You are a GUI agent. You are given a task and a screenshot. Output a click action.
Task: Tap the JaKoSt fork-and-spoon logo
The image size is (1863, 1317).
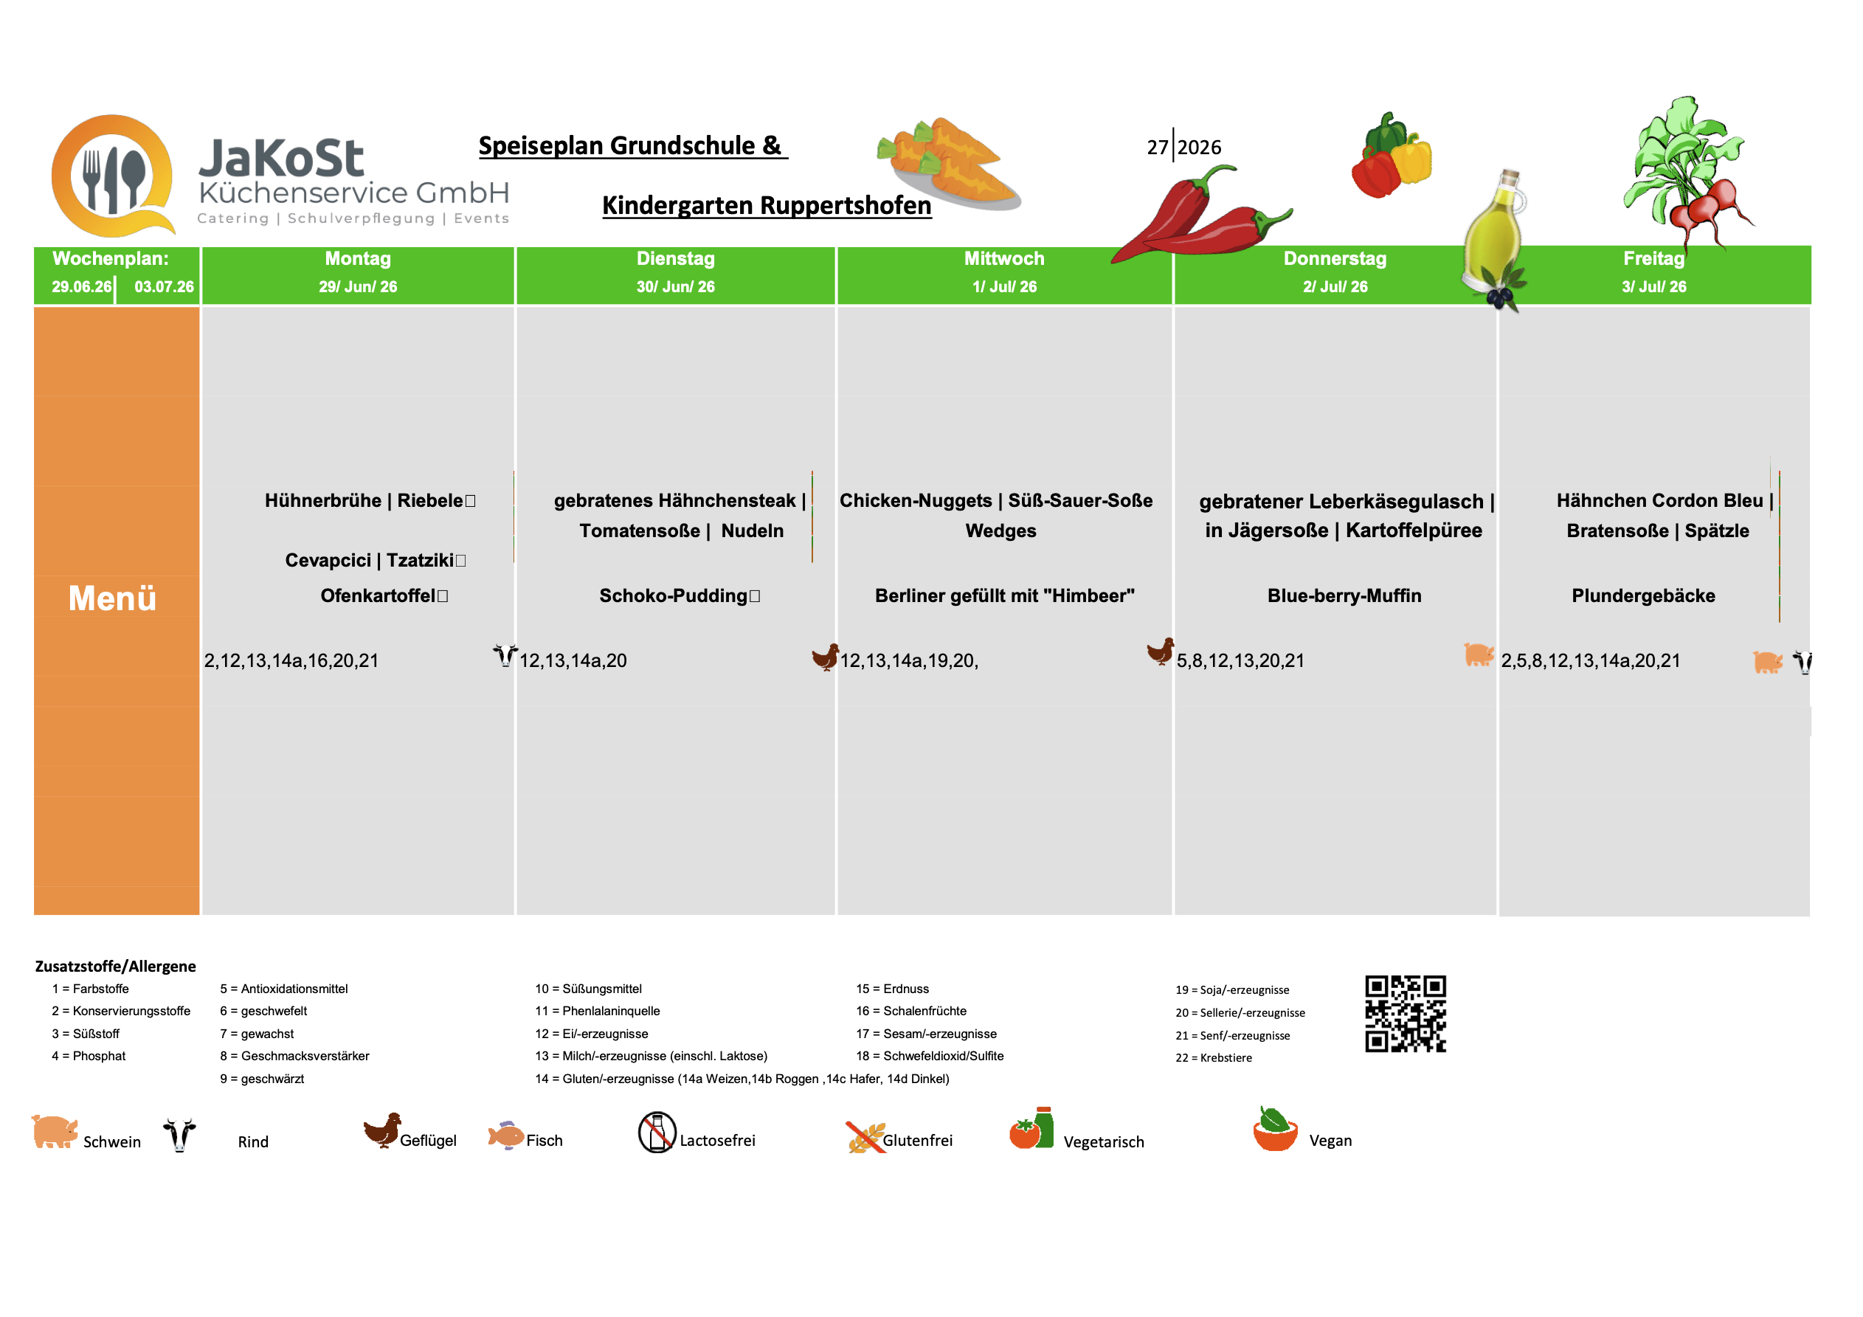click(x=113, y=176)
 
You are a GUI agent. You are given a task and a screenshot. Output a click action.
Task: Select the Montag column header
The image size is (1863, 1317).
click(x=358, y=259)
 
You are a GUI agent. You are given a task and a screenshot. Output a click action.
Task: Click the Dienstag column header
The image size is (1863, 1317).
click(x=675, y=259)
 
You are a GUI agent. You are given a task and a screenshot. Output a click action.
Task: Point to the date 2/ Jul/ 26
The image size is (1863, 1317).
click(x=1335, y=286)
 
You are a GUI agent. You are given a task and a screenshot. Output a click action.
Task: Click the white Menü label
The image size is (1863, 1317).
click(x=112, y=598)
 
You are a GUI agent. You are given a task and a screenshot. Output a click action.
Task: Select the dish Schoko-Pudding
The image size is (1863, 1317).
click(x=674, y=595)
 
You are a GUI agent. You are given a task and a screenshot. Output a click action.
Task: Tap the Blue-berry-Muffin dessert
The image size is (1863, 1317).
click(x=1344, y=595)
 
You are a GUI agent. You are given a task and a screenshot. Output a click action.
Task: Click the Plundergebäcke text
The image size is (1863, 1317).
click(x=1643, y=595)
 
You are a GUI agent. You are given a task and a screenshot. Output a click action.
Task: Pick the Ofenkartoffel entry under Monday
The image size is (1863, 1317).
click(x=378, y=595)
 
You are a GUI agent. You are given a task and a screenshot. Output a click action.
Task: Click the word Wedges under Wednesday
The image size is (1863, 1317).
click(x=1000, y=530)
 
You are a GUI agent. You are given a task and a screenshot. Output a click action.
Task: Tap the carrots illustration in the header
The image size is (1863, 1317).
click(x=947, y=163)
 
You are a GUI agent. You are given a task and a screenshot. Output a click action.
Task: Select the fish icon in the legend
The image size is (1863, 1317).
click(x=505, y=1135)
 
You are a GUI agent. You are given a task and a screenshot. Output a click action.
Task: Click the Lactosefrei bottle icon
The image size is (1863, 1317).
click(x=657, y=1132)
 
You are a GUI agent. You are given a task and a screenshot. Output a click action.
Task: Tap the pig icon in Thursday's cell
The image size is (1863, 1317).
click(x=1479, y=654)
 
